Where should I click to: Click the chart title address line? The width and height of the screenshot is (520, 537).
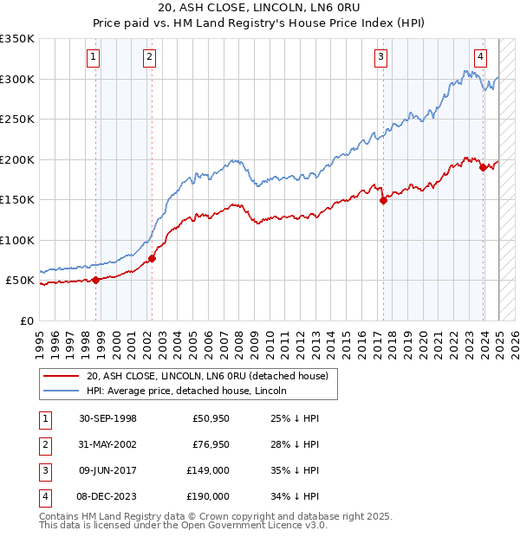pyautogui.click(x=261, y=8)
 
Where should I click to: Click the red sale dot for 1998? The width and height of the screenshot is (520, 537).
pyautogui.click(x=96, y=279)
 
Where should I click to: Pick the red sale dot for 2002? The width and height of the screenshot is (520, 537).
pyautogui.click(x=152, y=258)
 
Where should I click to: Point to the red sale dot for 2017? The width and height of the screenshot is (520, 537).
pyautogui.click(x=383, y=200)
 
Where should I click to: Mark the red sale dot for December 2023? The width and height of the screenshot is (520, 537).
pyautogui.click(x=483, y=167)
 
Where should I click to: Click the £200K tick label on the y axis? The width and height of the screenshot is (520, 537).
pyautogui.click(x=16, y=159)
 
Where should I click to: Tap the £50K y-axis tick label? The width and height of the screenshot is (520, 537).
pyautogui.click(x=20, y=281)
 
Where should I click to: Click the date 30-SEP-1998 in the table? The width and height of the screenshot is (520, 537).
pyautogui.click(x=107, y=418)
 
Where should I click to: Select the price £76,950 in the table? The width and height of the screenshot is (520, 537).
pyautogui.click(x=209, y=444)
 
